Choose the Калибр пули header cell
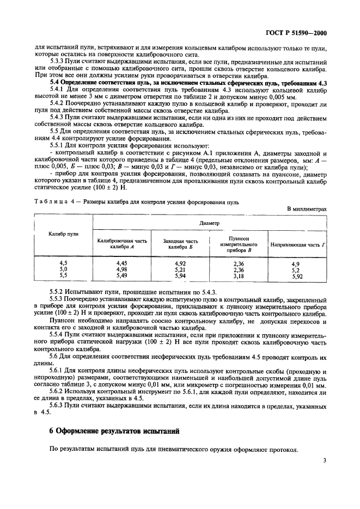point(63,234)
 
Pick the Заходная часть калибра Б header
point(180,244)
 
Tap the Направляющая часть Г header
point(297,244)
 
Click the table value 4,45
point(122,262)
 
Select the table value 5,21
point(180,269)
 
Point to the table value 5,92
point(297,276)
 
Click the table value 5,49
point(122,276)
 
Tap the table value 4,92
point(180,262)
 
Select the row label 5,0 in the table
point(63,269)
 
